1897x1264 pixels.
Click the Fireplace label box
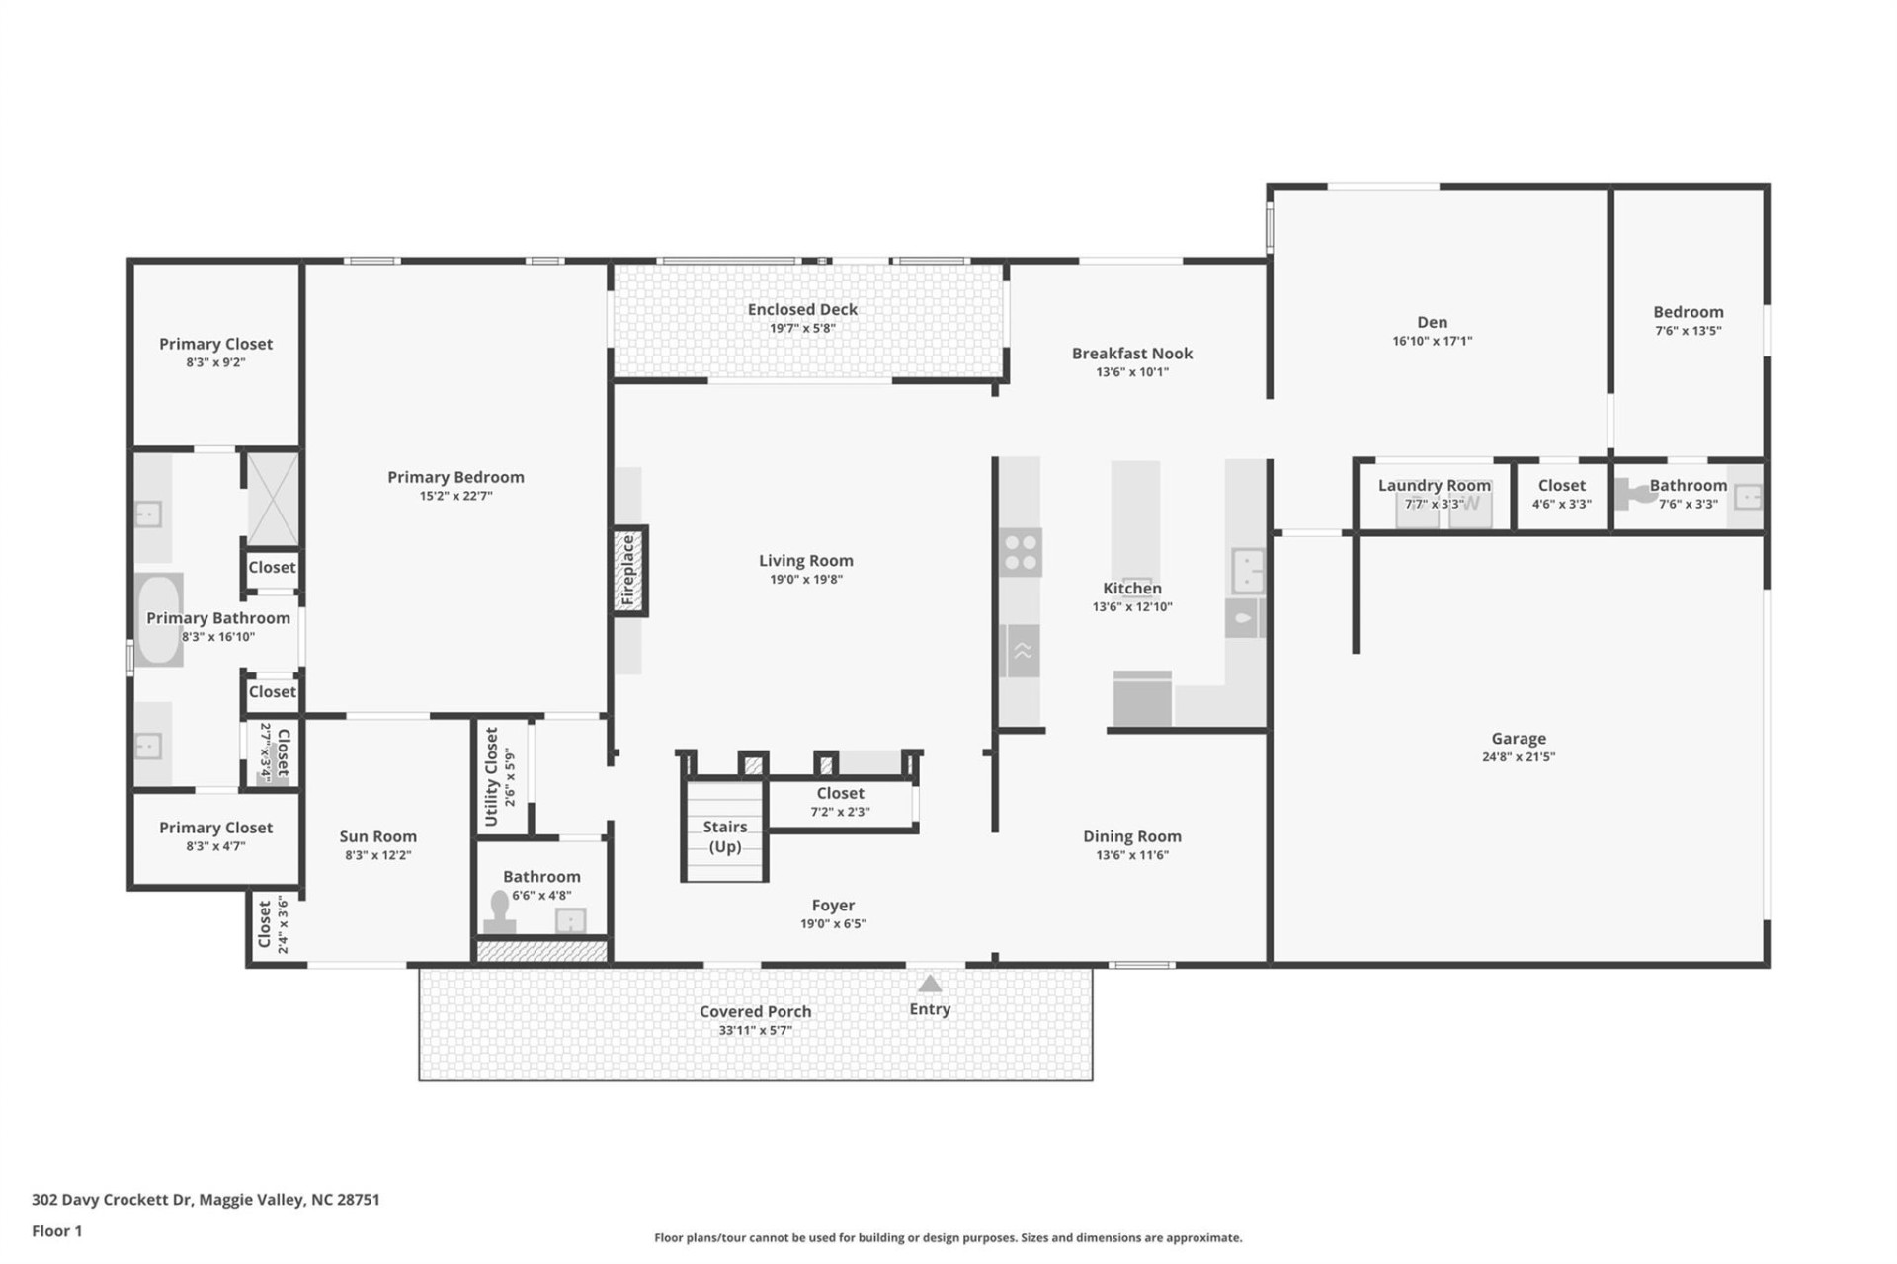[628, 571]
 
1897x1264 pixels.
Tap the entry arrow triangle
[930, 984]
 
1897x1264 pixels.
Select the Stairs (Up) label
[724, 836]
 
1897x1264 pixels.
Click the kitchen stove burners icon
[1020, 552]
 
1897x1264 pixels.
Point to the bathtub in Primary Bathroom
[158, 620]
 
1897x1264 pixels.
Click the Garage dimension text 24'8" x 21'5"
[1518, 757]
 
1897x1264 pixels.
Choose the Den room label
[1432, 322]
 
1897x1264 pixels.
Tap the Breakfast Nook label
[1132, 354]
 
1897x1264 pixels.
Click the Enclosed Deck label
[802, 309]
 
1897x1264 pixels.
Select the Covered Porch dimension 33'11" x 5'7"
[755, 1030]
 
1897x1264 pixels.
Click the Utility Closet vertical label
[492, 776]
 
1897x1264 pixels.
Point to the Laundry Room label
[1434, 485]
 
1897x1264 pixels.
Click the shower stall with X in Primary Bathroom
[272, 499]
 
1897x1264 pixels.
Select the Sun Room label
[377, 836]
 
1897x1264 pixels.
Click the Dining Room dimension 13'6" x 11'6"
[1131, 855]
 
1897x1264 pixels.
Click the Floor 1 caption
[57, 1231]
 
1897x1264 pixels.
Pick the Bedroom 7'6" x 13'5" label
[1688, 312]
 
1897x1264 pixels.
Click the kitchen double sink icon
[1248, 570]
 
